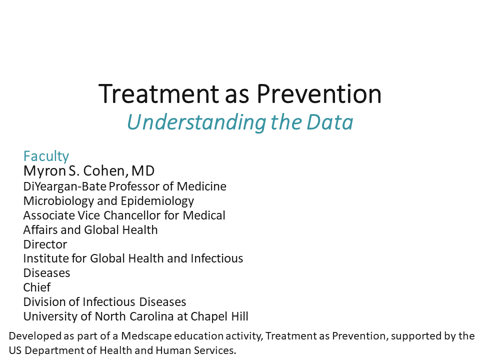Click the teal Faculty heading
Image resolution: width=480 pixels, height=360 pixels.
(x=46, y=156)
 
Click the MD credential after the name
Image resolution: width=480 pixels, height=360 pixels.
(x=143, y=171)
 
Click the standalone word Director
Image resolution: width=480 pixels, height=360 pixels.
(x=45, y=244)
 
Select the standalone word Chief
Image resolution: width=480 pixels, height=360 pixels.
(x=37, y=287)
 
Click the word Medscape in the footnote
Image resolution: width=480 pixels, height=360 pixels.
(x=145, y=336)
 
